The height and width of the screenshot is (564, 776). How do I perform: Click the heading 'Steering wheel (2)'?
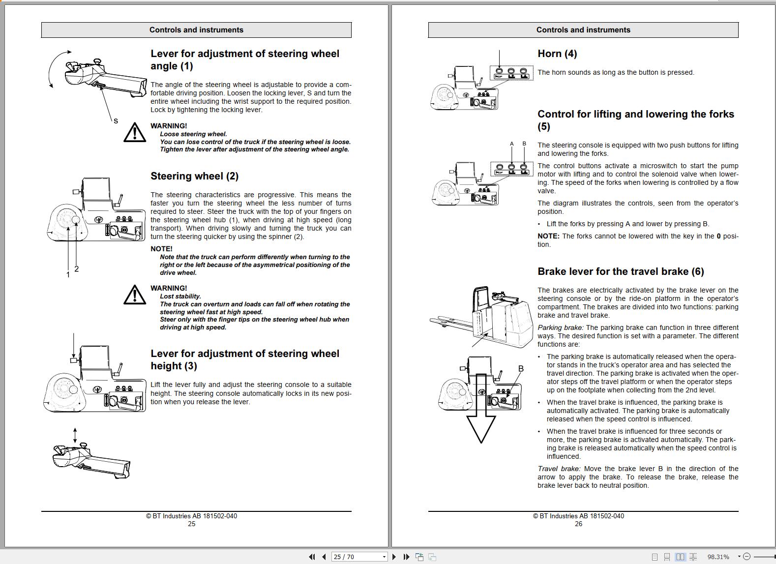pyautogui.click(x=194, y=176)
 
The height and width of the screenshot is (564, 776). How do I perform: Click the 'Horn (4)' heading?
pyautogui.click(x=557, y=54)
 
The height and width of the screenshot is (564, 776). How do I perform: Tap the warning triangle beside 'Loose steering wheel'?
pyautogui.click(x=134, y=132)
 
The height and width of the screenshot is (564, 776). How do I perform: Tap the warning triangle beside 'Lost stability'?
pyautogui.click(x=134, y=295)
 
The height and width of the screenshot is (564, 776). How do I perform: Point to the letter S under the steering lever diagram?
pyautogui.click(x=116, y=121)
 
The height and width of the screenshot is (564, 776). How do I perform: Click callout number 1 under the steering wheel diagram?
pyautogui.click(x=68, y=274)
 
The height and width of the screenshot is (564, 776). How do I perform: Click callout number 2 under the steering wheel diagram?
pyautogui.click(x=76, y=268)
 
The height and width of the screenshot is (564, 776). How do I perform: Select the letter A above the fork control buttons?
pyautogui.click(x=512, y=144)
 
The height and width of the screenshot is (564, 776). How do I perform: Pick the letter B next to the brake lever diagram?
pyautogui.click(x=521, y=368)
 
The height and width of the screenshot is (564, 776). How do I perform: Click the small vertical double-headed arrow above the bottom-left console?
pyautogui.click(x=75, y=435)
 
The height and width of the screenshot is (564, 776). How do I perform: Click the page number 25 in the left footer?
pyautogui.click(x=191, y=524)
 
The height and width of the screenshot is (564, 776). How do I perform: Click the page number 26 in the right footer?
pyautogui.click(x=578, y=524)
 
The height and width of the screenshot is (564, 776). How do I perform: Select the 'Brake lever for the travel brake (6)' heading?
pyautogui.click(x=620, y=271)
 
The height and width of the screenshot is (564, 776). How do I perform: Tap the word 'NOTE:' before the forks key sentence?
pyautogui.click(x=548, y=236)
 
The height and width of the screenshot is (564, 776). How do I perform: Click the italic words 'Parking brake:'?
pyautogui.click(x=560, y=327)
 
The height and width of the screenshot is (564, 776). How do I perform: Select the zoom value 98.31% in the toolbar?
pyautogui.click(x=718, y=557)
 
